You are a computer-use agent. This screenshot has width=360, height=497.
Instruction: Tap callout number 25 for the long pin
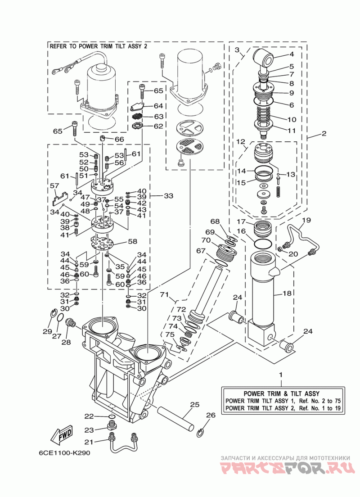[x=194, y=404]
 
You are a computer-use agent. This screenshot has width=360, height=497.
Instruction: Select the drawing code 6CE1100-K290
[x=65, y=453]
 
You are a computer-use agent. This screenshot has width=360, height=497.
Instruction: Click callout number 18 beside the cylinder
[x=287, y=293]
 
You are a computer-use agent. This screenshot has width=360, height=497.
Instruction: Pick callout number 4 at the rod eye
[x=292, y=54]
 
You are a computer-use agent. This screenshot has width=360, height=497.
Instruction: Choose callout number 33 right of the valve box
[x=169, y=196]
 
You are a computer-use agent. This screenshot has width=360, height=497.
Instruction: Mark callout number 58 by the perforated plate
[x=132, y=241]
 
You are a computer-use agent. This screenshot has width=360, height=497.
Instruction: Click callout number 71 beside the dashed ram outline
[x=164, y=295]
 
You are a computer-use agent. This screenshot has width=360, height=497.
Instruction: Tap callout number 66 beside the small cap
[x=119, y=139]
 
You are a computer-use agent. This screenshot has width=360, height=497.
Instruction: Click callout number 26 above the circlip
[x=211, y=415]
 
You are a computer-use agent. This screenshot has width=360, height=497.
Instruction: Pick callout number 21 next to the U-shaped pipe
[x=89, y=441]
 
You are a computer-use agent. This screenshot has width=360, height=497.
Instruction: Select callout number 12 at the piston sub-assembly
[x=241, y=141]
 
